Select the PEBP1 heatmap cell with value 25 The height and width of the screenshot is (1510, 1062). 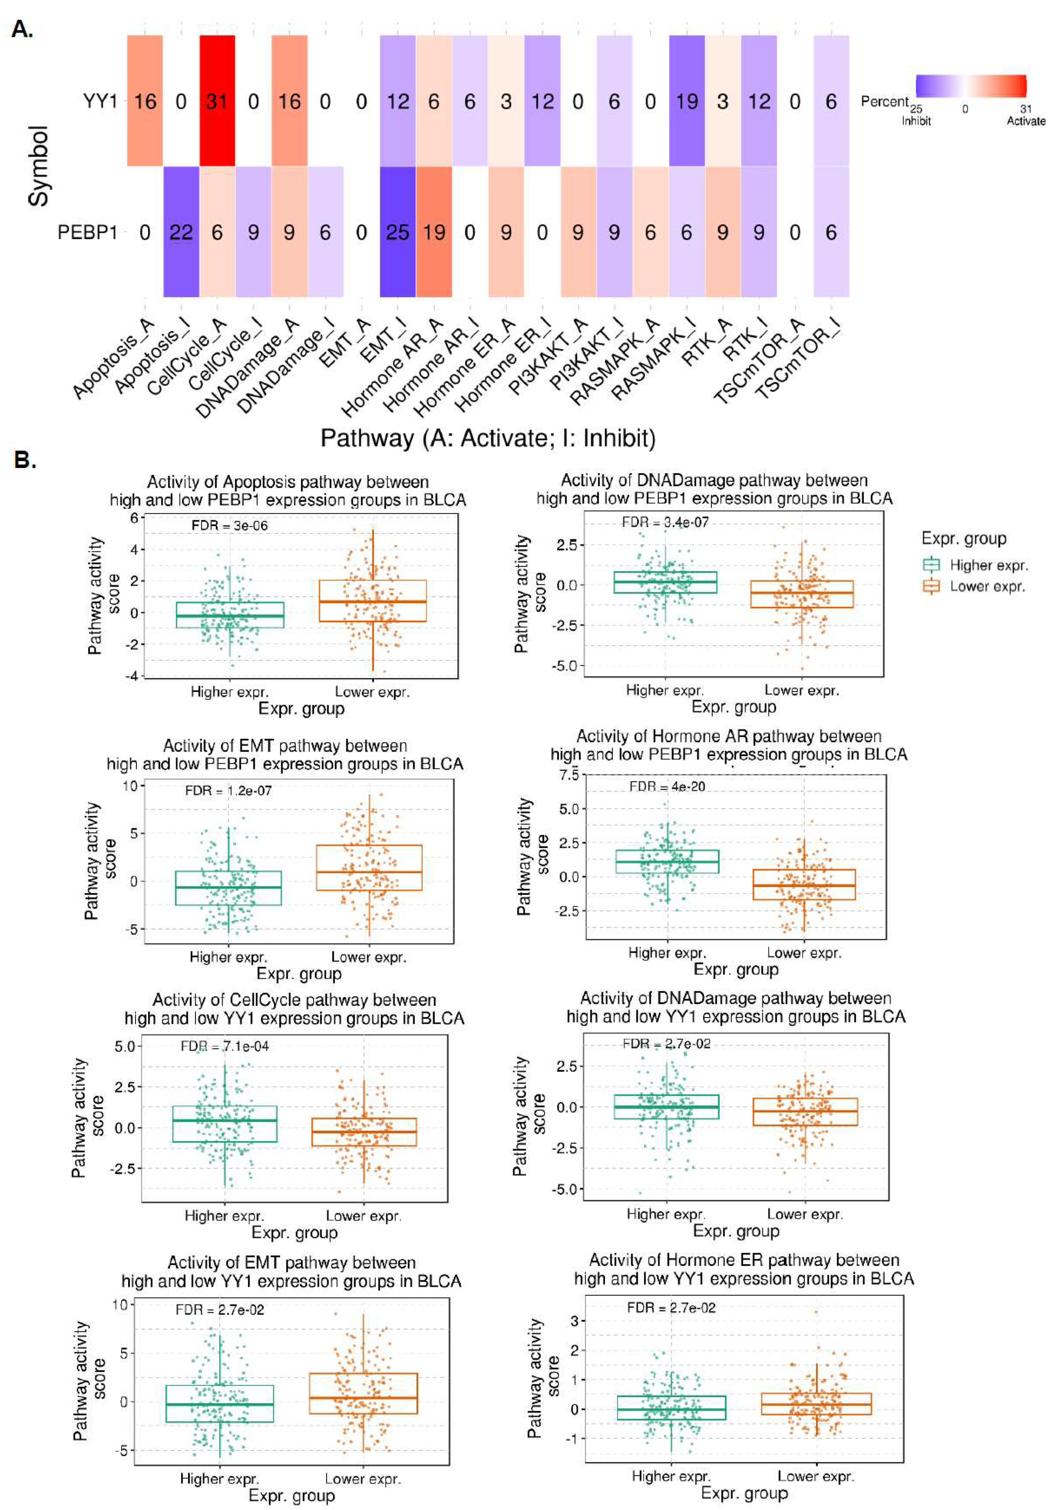[x=398, y=232]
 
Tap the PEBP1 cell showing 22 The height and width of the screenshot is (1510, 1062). [x=181, y=232]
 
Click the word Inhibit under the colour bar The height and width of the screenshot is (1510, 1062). [x=916, y=121]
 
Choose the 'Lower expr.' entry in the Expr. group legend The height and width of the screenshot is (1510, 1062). [x=987, y=587]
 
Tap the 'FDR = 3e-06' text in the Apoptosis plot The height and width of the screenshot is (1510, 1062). [x=229, y=525]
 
